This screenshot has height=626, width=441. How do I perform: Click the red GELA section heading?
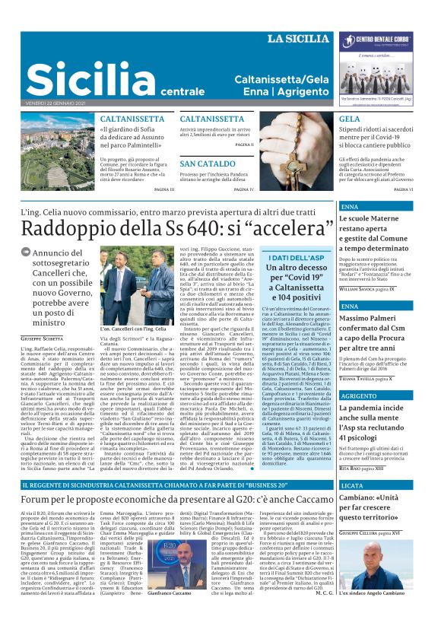349,119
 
